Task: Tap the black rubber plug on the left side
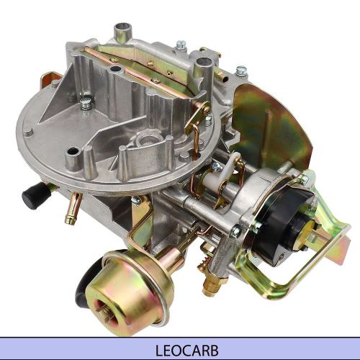click(32, 196)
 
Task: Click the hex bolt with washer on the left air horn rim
click(86, 103)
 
